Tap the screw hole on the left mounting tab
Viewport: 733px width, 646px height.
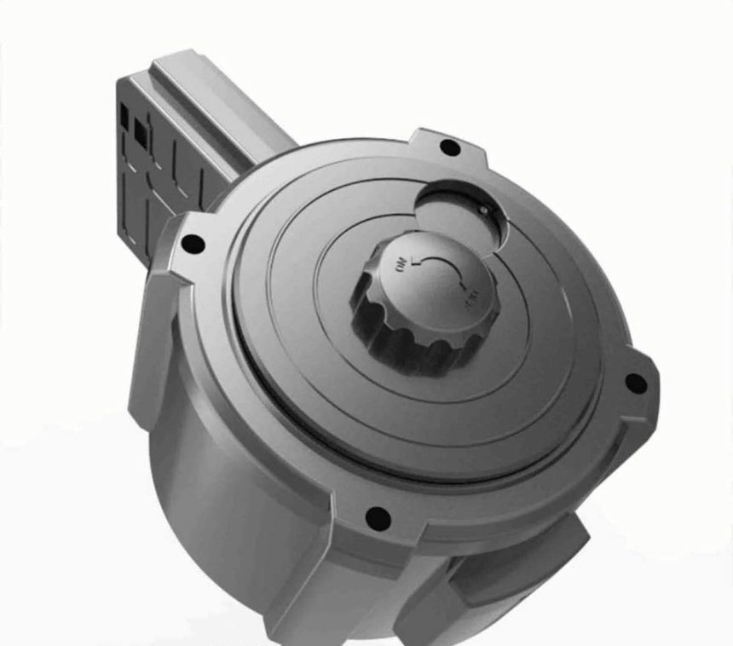[x=193, y=245]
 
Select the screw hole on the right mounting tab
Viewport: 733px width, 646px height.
[x=635, y=383]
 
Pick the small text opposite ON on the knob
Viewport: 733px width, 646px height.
[x=468, y=295]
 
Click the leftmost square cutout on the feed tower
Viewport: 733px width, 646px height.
[x=125, y=112]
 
